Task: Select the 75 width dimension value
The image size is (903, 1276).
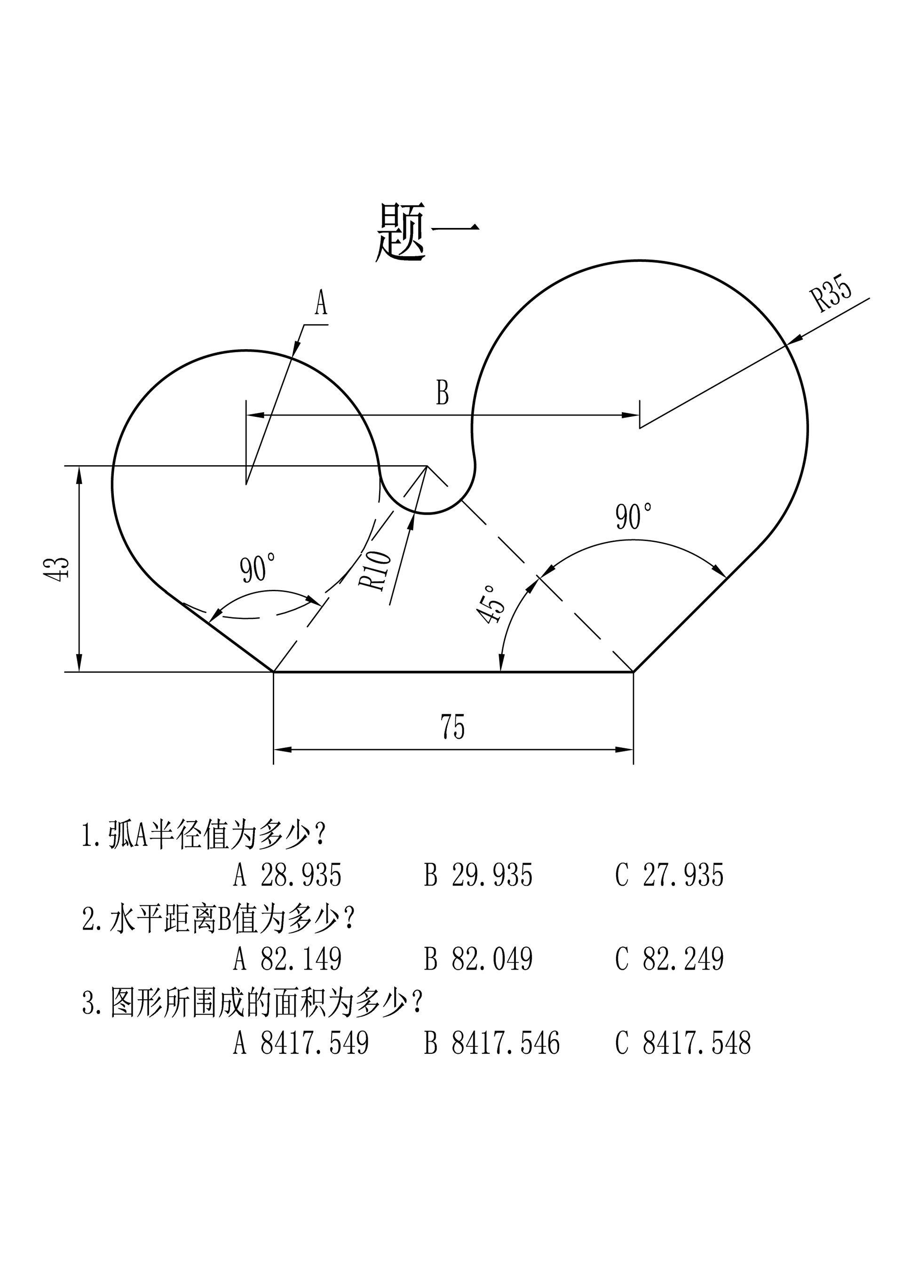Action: pos(452,727)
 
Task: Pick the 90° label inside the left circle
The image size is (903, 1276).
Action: pos(257,567)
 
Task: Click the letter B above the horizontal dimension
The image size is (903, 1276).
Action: pos(442,393)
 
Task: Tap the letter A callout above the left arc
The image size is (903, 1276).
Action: pos(321,303)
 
